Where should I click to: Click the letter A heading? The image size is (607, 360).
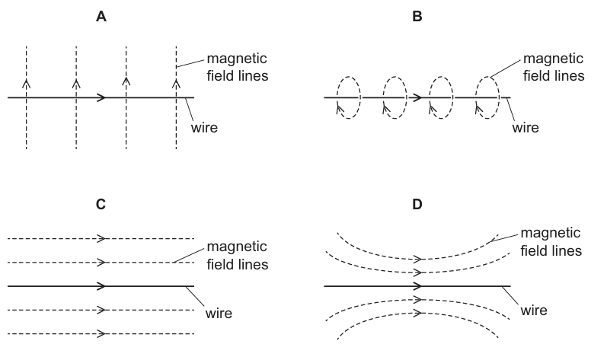[x=101, y=15]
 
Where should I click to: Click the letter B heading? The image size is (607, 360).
[x=417, y=15]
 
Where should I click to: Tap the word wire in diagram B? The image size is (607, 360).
[x=525, y=127]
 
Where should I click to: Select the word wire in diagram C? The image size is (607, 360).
[x=219, y=312]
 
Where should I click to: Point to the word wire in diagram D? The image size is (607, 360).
[x=534, y=311]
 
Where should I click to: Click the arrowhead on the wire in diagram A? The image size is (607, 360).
[x=101, y=97]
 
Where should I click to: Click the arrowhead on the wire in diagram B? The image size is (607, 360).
[x=416, y=97]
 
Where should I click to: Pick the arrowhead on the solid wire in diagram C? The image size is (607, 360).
[x=101, y=286]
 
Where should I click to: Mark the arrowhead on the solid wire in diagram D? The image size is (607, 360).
[x=417, y=286]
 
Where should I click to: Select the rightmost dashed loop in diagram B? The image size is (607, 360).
[x=487, y=97]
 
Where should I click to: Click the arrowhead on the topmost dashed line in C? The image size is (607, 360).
[x=101, y=239]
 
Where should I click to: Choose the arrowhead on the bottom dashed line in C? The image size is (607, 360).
[x=101, y=333]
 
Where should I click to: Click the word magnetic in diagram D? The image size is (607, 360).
[x=552, y=233]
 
